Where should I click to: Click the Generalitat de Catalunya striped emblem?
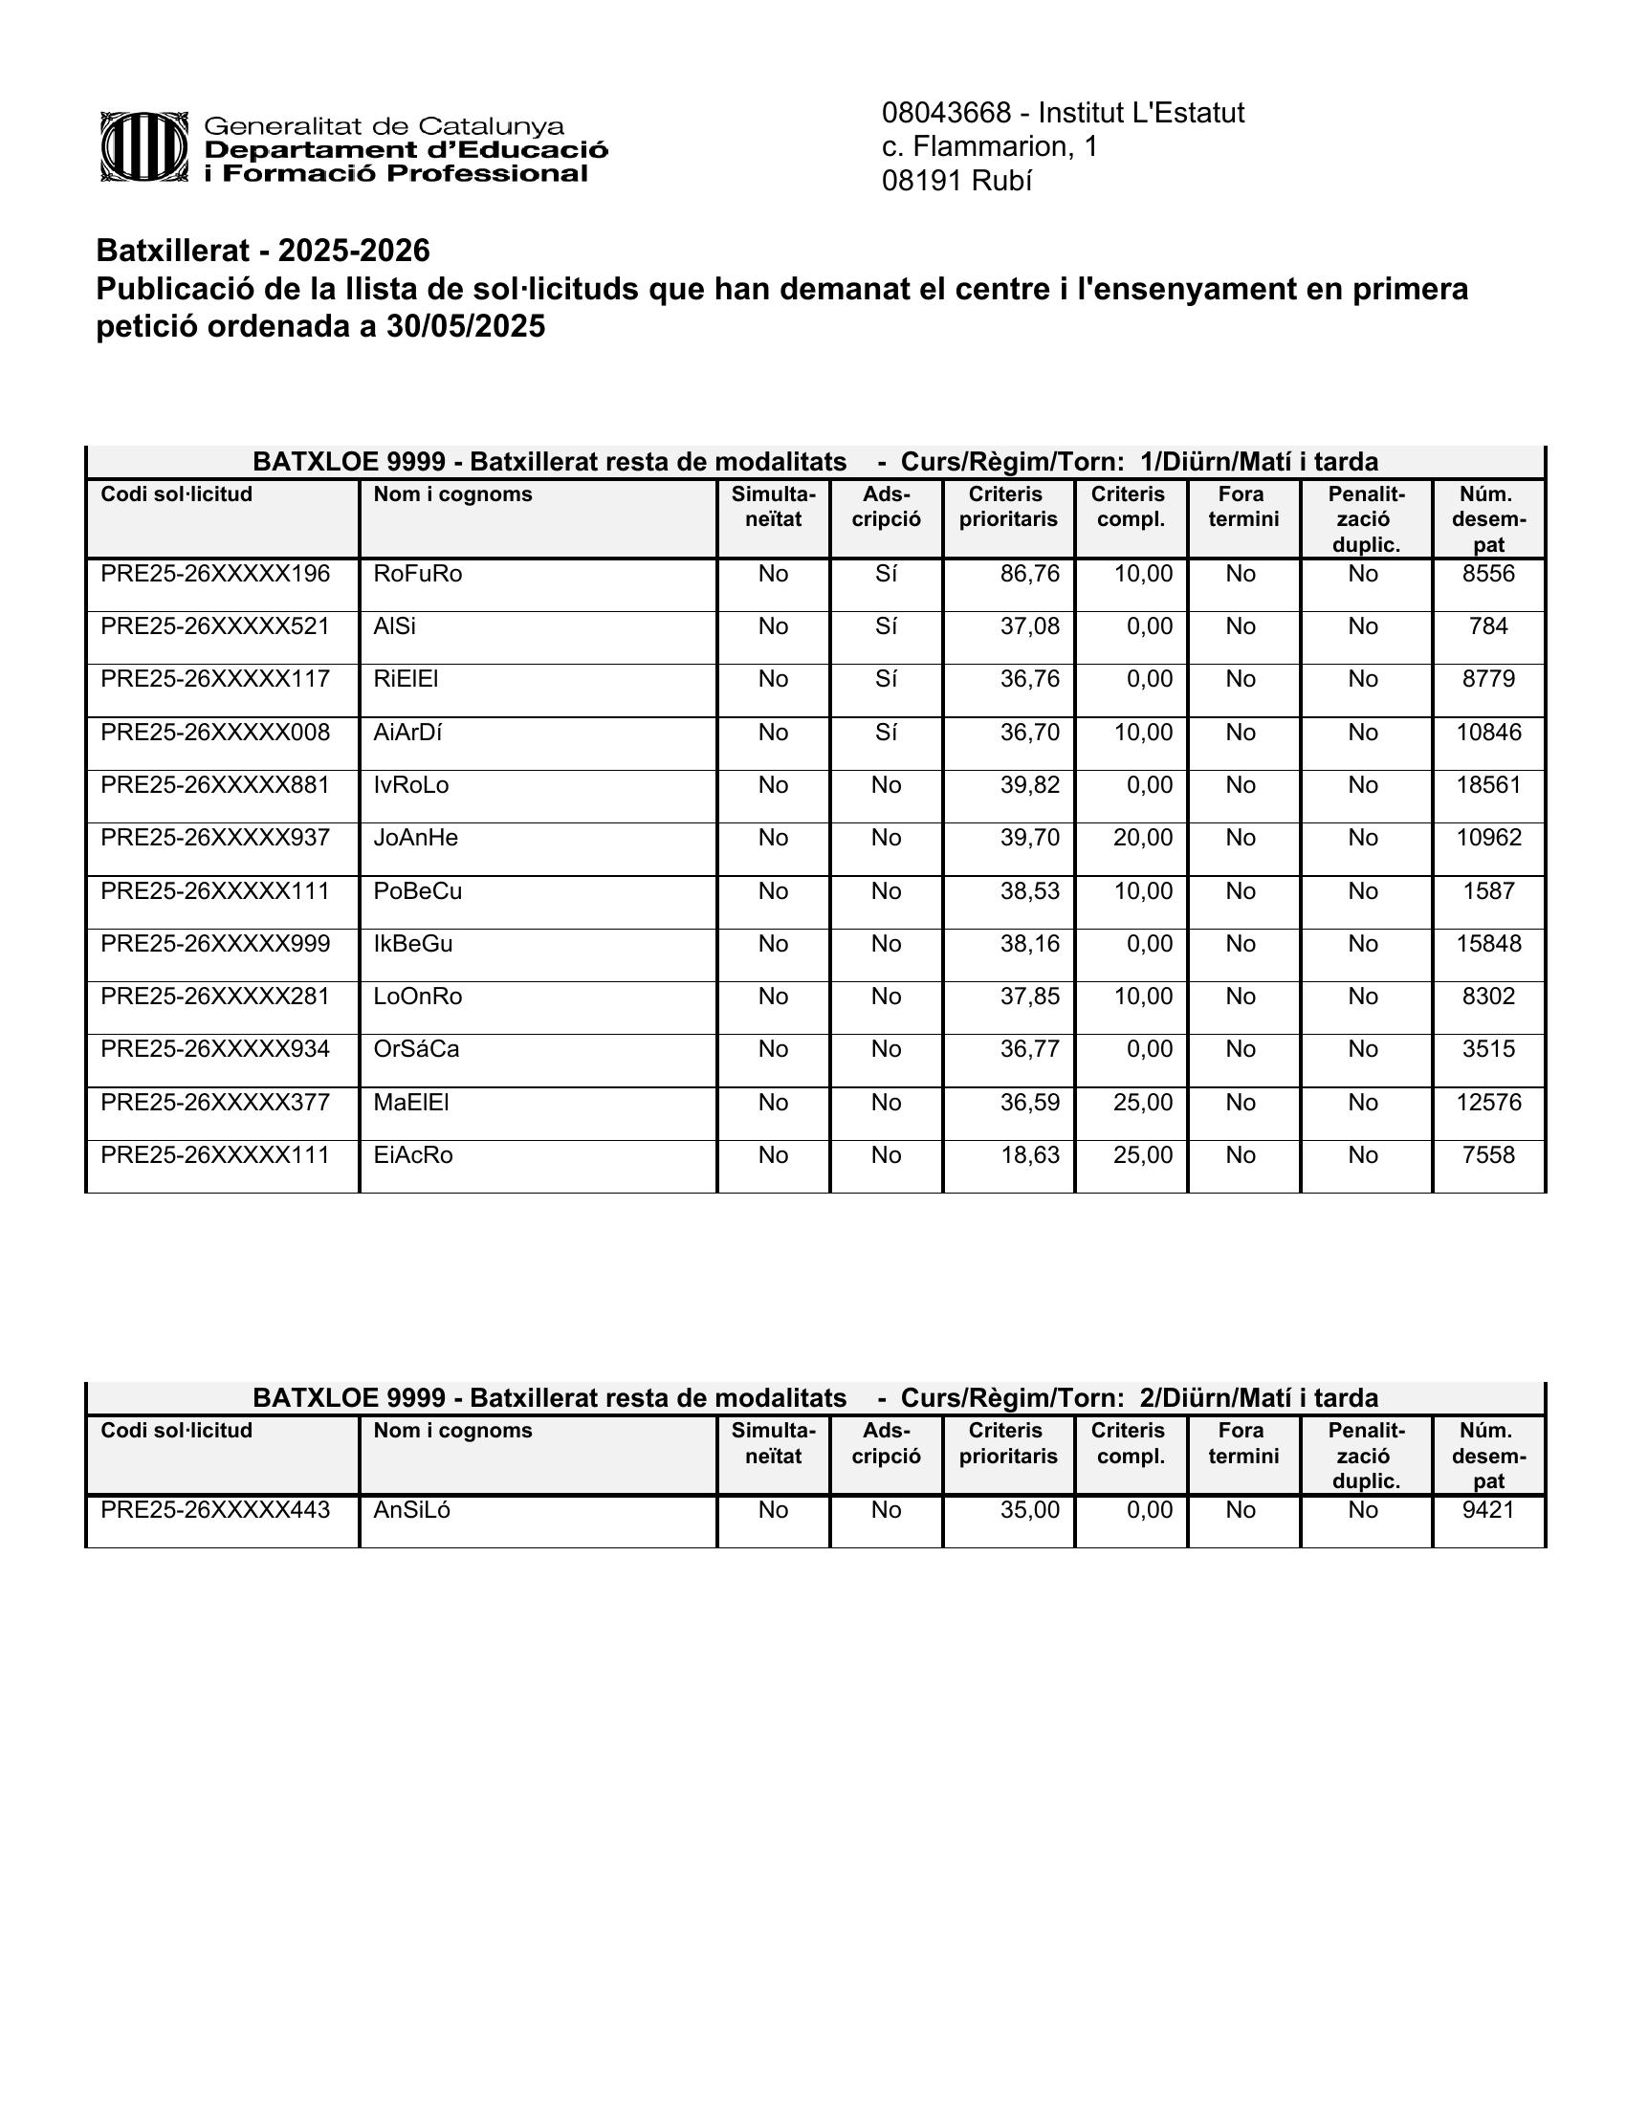click(x=143, y=147)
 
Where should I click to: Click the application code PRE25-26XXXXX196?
click(x=215, y=574)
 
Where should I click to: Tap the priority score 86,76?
click(x=1029, y=574)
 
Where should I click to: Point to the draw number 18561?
click(x=1488, y=785)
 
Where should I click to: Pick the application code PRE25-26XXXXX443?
click(x=215, y=1510)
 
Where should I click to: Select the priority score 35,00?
click(x=1029, y=1510)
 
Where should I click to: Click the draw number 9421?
click(x=1488, y=1510)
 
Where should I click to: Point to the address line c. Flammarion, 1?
click(x=989, y=146)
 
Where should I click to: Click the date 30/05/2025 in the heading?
click(x=465, y=327)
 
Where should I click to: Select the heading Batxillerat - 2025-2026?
click(x=263, y=251)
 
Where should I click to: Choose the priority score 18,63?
click(x=1029, y=1155)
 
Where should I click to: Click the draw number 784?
click(x=1488, y=627)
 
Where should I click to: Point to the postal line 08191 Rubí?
click(x=956, y=181)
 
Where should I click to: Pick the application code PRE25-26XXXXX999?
click(x=215, y=944)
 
